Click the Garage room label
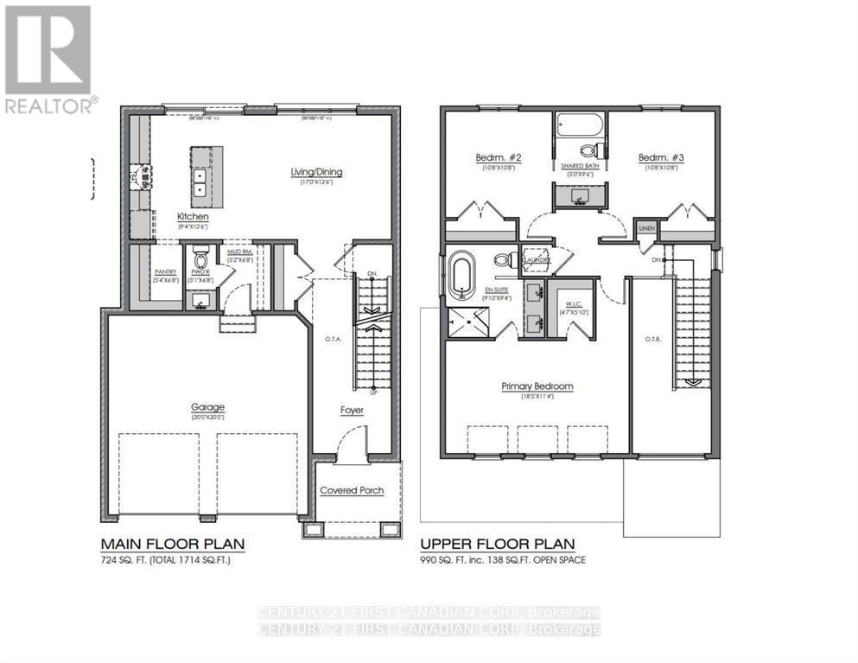click(207, 407)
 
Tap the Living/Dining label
click(316, 172)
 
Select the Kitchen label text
click(193, 216)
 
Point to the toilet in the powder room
click(200, 258)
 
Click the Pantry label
click(164, 271)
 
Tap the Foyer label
click(352, 410)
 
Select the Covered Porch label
click(352, 490)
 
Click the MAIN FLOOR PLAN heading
click(173, 544)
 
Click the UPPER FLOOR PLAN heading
click(498, 544)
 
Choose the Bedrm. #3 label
click(661, 157)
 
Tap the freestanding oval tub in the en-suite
click(459, 276)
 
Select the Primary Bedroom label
click(537, 386)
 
